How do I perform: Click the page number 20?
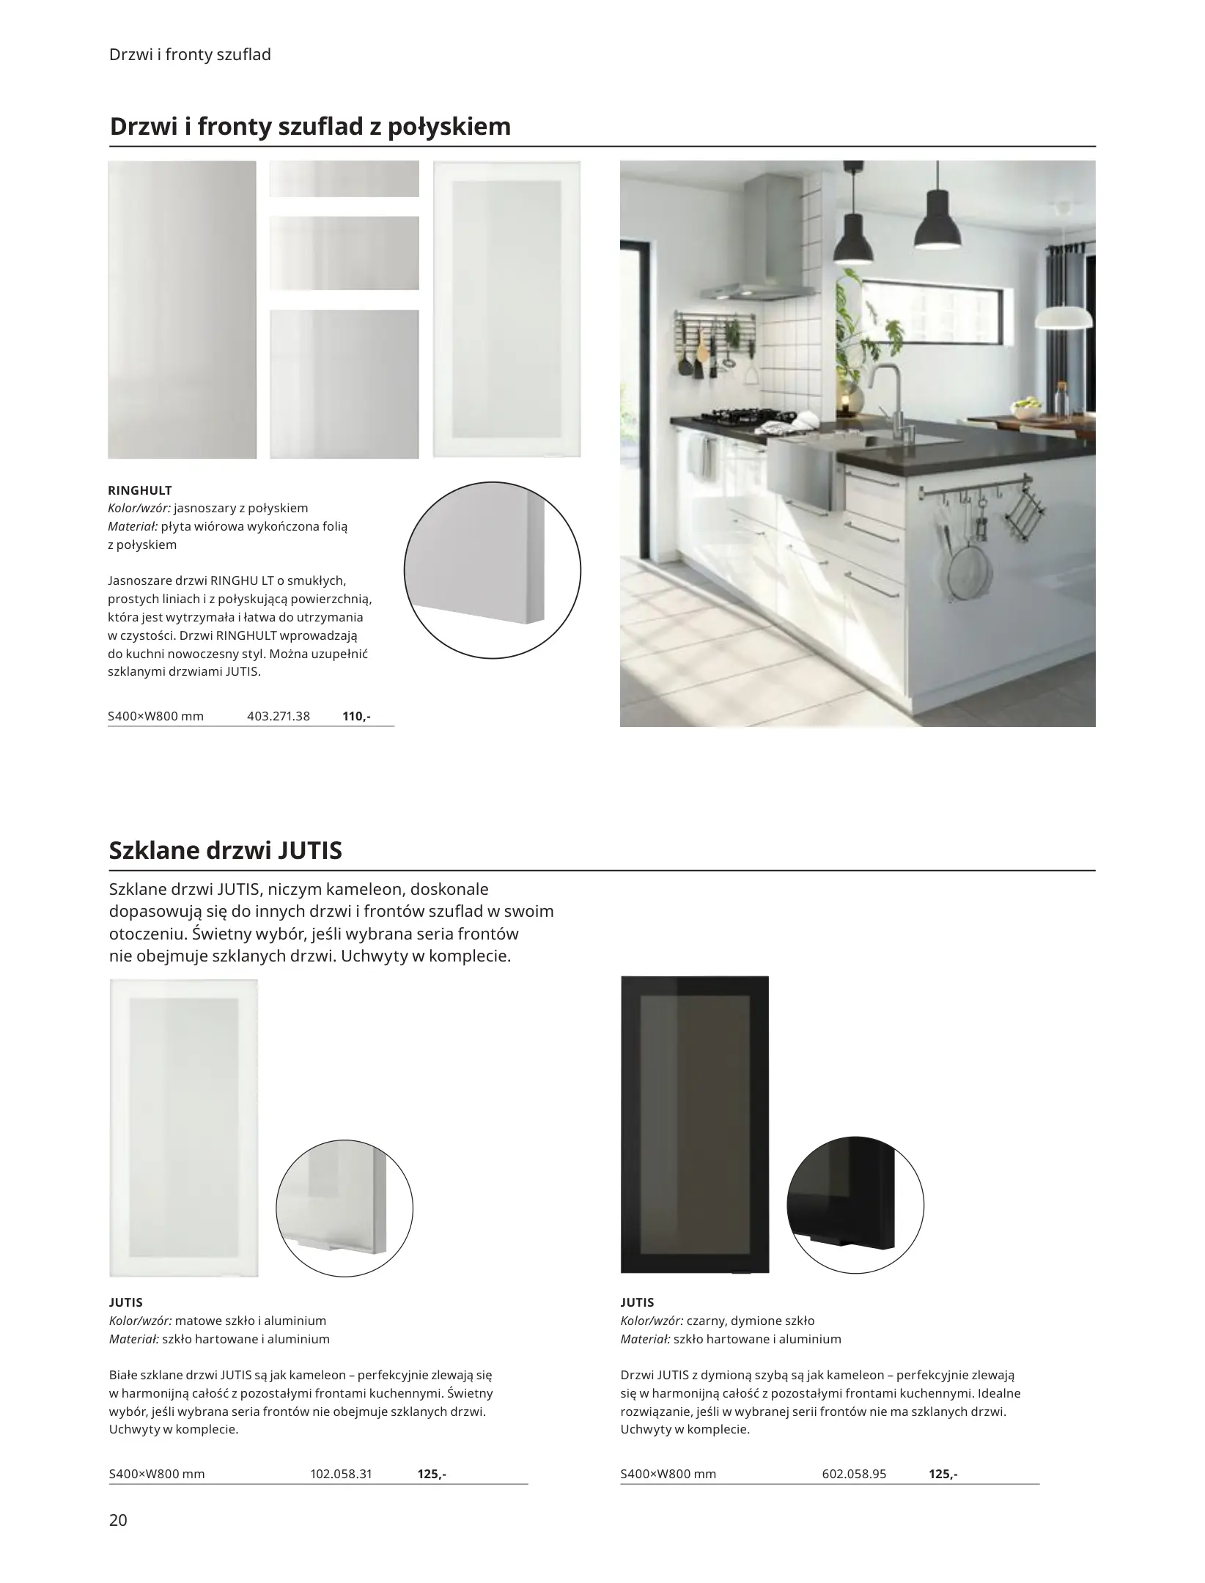click(x=118, y=1520)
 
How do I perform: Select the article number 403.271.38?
click(x=279, y=716)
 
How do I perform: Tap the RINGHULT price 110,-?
click(x=356, y=716)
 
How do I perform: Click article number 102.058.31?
click(x=342, y=1474)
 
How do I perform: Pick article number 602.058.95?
click(x=854, y=1474)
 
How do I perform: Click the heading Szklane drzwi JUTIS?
click(x=226, y=851)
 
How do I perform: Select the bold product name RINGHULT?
click(x=140, y=490)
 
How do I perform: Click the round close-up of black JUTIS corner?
click(x=855, y=1206)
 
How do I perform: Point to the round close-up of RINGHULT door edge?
click(x=493, y=570)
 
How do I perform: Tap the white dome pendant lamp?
click(x=1064, y=317)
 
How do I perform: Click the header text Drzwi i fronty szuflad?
click(x=190, y=55)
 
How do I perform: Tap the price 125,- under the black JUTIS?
click(x=943, y=1474)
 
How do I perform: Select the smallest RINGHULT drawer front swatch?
click(x=344, y=179)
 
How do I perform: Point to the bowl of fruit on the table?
click(x=1027, y=406)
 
